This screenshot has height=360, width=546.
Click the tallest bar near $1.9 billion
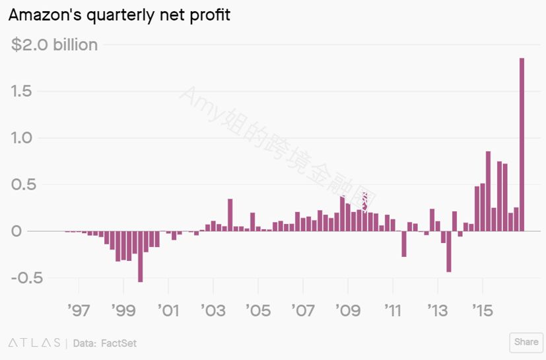click(x=522, y=144)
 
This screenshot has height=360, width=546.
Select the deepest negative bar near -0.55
click(x=141, y=256)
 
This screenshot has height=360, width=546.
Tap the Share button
click(x=526, y=342)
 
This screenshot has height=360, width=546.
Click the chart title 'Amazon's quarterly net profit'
click(x=119, y=15)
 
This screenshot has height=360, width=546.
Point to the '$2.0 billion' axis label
click(x=54, y=45)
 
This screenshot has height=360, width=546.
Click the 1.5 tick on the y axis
click(x=22, y=91)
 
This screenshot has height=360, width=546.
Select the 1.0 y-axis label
click(x=22, y=138)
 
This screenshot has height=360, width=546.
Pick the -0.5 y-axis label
click(x=27, y=277)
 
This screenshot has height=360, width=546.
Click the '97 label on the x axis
click(x=79, y=310)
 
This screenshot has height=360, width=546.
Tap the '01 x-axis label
click(x=168, y=310)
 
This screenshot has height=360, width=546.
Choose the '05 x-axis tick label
click(x=258, y=310)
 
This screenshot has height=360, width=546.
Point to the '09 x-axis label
click(x=348, y=310)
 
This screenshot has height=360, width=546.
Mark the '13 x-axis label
click(x=438, y=310)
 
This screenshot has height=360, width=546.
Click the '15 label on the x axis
click(x=483, y=310)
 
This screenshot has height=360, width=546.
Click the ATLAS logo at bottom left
click(x=34, y=343)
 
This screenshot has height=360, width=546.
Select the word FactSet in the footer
click(x=119, y=343)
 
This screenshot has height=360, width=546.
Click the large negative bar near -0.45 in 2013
click(x=449, y=251)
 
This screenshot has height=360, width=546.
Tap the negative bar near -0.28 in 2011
click(x=404, y=244)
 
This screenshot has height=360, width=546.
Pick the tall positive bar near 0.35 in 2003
click(x=230, y=215)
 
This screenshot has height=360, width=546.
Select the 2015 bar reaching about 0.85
click(x=488, y=192)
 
